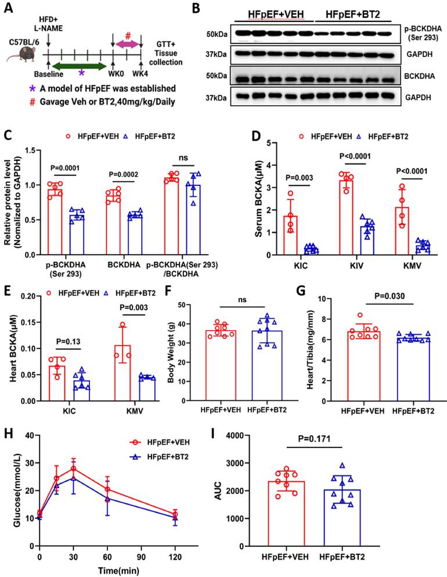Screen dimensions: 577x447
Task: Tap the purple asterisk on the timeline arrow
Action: pos(81,73)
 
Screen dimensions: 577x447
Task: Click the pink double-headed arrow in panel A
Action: pos(127,44)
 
